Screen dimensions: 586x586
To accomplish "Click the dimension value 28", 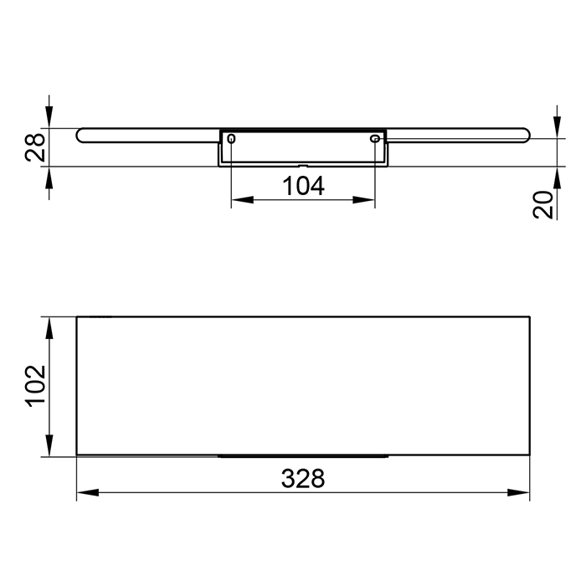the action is (x=35, y=147).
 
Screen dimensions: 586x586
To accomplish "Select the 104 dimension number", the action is (x=303, y=186).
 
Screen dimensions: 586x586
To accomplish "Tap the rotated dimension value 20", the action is (x=542, y=204).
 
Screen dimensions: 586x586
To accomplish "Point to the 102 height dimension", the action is (x=35, y=384).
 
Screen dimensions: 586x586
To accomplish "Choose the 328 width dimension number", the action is (x=303, y=479).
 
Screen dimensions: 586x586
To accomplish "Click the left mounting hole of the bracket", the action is (x=231, y=139).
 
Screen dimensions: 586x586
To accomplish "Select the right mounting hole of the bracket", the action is (x=374, y=139).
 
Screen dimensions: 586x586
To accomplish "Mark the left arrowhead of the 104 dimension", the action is (x=242, y=200).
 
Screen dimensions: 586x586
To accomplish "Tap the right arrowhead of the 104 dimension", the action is (x=363, y=200).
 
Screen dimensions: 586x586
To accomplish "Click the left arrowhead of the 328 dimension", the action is (x=87, y=492).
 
